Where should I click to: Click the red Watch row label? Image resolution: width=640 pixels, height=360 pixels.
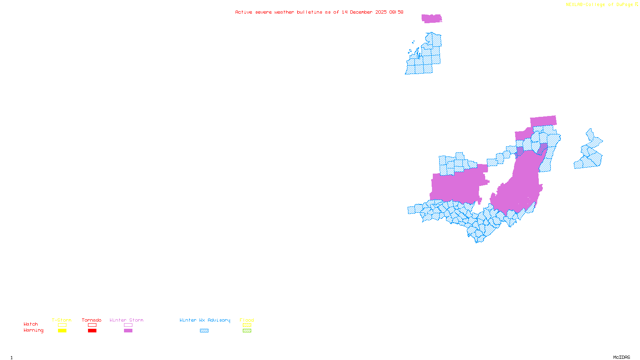tap(31, 324)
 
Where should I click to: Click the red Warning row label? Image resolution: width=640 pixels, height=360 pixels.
tap(34, 330)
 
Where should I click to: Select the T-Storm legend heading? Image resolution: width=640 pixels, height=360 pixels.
tap(62, 320)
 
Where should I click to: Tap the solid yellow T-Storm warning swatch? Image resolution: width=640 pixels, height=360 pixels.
tap(62, 331)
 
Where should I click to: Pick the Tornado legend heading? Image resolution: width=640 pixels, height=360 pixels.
tap(92, 320)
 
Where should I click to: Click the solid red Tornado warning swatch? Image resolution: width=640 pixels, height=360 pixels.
tap(92, 331)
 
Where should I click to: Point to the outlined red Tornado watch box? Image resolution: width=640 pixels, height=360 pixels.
tap(92, 325)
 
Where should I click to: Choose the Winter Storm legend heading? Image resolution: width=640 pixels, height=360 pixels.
tap(126, 320)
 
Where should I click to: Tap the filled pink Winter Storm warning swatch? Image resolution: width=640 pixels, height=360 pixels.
tap(128, 331)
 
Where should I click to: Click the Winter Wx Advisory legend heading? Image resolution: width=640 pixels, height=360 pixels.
tap(205, 320)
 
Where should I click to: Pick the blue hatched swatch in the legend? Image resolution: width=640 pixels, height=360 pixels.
tap(204, 331)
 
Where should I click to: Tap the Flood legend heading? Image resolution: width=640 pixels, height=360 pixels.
tap(247, 320)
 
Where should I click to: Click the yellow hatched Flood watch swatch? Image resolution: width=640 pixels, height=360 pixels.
tap(247, 325)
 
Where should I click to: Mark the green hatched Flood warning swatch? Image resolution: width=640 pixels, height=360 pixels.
tap(247, 331)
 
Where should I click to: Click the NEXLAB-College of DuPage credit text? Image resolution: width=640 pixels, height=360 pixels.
tap(600, 5)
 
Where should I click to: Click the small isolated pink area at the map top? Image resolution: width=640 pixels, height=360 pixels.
tap(432, 18)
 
